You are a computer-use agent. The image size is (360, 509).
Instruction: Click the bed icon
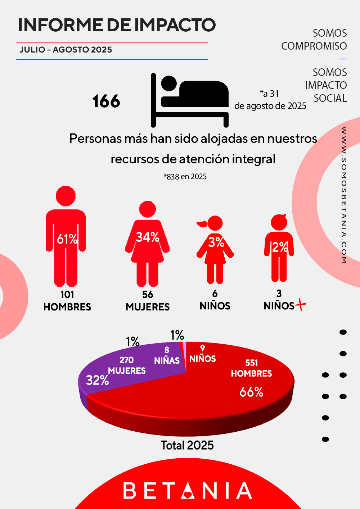[x=190, y=100]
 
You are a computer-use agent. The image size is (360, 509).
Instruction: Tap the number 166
[x=106, y=101]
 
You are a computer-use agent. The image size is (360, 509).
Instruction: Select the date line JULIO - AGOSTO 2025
[x=66, y=50]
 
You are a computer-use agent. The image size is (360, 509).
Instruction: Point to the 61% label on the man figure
[x=67, y=239]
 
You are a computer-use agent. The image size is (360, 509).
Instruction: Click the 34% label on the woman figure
[x=148, y=237]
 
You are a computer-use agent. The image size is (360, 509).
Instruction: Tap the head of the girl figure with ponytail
[x=215, y=223]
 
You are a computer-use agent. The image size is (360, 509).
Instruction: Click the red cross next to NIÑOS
[x=301, y=305]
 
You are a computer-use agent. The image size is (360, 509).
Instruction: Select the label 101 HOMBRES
[x=67, y=301]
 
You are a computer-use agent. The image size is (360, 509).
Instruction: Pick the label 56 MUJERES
[x=148, y=301]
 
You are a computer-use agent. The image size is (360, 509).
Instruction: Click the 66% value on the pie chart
[x=251, y=392]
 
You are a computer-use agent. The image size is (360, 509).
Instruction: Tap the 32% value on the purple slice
[x=97, y=380]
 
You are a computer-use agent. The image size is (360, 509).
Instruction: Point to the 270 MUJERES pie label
[x=127, y=365]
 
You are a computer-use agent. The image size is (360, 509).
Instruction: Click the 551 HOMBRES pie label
[x=251, y=368]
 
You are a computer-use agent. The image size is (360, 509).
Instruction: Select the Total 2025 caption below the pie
[x=187, y=445]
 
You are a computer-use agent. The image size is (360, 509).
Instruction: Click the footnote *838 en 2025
[x=185, y=177]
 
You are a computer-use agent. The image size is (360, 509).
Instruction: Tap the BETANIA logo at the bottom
[x=188, y=491]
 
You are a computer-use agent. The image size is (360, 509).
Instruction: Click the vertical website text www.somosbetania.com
[x=344, y=195]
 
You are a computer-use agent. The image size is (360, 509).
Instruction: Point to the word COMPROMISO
[x=314, y=46]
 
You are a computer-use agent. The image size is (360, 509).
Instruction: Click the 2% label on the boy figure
[x=280, y=247]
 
